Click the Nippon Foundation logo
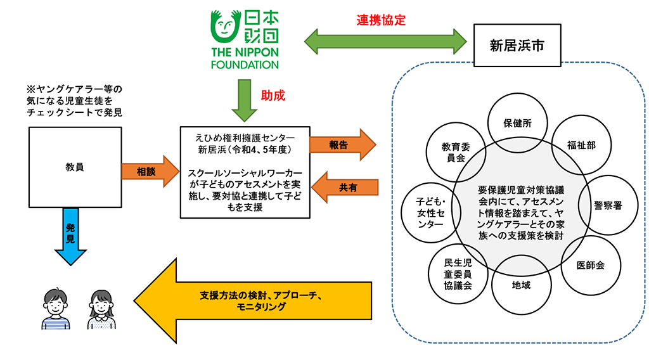[245, 38]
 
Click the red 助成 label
[273, 96]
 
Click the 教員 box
[75, 167]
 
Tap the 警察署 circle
[607, 205]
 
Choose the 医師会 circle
[590, 265]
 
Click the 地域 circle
[521, 285]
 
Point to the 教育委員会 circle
[456, 152]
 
